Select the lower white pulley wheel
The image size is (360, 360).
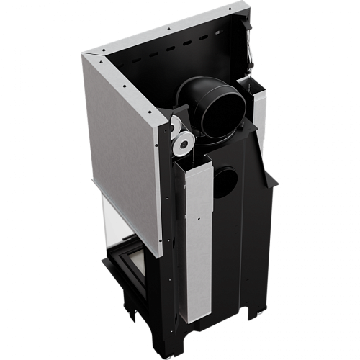coord(184,145)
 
